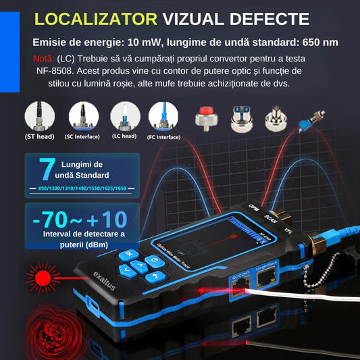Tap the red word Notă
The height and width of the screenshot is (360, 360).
(45, 58)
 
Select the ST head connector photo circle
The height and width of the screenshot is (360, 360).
(40, 116)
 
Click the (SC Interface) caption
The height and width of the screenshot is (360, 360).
(82, 137)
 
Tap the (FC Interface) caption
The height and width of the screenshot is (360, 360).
(164, 137)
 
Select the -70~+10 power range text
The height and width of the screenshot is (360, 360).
(79, 220)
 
